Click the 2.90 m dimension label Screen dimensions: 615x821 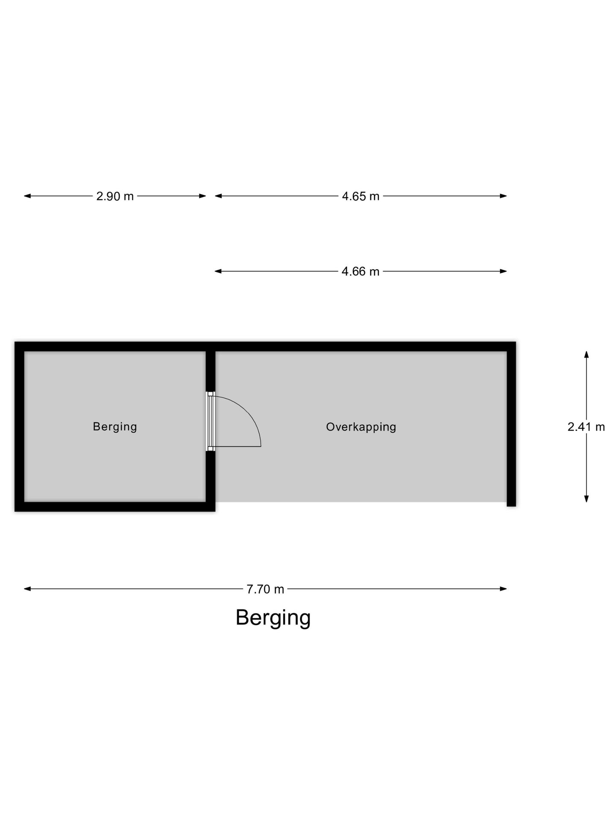click(x=115, y=196)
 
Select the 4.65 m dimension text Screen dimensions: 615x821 click(x=360, y=196)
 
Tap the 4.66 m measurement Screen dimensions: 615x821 click(x=360, y=272)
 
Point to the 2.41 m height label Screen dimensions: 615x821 click(x=586, y=427)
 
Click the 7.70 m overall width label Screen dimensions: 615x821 click(x=265, y=589)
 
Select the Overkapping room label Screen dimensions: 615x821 click(x=361, y=427)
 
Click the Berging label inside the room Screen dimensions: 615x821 click(x=115, y=427)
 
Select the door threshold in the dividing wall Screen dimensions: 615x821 click(x=211, y=422)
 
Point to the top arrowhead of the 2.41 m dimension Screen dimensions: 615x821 click(x=586, y=354)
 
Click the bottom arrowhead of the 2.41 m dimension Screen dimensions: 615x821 click(x=586, y=499)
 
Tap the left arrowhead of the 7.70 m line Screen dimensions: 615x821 click(x=27, y=589)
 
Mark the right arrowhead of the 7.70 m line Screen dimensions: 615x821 click(x=504, y=589)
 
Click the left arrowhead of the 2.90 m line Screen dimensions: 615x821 click(x=27, y=196)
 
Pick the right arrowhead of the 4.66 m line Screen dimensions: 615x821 click(x=504, y=271)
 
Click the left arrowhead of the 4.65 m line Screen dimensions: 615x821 click(x=218, y=196)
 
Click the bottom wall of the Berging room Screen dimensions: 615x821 click(x=115, y=507)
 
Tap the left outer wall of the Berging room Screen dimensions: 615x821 click(x=19, y=427)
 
